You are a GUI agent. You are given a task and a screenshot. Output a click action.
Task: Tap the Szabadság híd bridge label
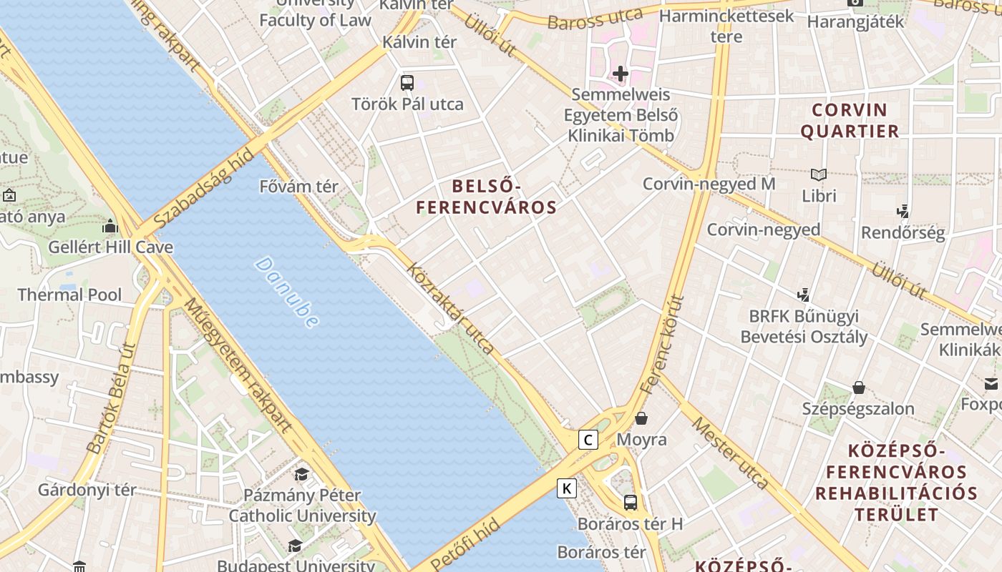[x=204, y=188]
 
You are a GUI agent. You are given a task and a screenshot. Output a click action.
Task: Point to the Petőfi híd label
[x=465, y=545]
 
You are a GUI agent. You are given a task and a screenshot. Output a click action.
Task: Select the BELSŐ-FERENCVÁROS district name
[x=487, y=197]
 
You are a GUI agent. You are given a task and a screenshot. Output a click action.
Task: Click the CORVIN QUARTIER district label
[x=850, y=121]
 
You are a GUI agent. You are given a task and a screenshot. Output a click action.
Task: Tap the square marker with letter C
[x=588, y=440]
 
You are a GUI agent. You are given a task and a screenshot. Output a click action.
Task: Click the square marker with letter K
[x=567, y=488]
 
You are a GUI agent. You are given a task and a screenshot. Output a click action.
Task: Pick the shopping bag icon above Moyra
[x=641, y=418]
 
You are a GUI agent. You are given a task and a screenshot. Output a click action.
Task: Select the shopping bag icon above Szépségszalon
[x=859, y=388]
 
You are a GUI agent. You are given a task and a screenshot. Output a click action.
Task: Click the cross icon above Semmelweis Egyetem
[x=621, y=73]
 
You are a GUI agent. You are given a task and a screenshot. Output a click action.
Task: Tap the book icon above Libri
[x=819, y=174]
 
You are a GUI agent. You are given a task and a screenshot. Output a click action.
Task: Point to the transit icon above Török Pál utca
[x=407, y=82]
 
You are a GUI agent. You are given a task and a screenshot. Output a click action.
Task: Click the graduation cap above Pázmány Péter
[x=302, y=474]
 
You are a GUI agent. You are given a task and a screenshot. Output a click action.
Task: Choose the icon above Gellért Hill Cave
[x=110, y=227]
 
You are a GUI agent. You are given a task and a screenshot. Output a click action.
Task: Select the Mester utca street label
[x=730, y=453]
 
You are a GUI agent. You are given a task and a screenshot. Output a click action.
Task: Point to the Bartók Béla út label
[x=111, y=398]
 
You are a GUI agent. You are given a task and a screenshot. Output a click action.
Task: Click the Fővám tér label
[x=298, y=187]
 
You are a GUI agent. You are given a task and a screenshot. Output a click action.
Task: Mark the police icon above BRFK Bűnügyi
[x=804, y=294]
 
